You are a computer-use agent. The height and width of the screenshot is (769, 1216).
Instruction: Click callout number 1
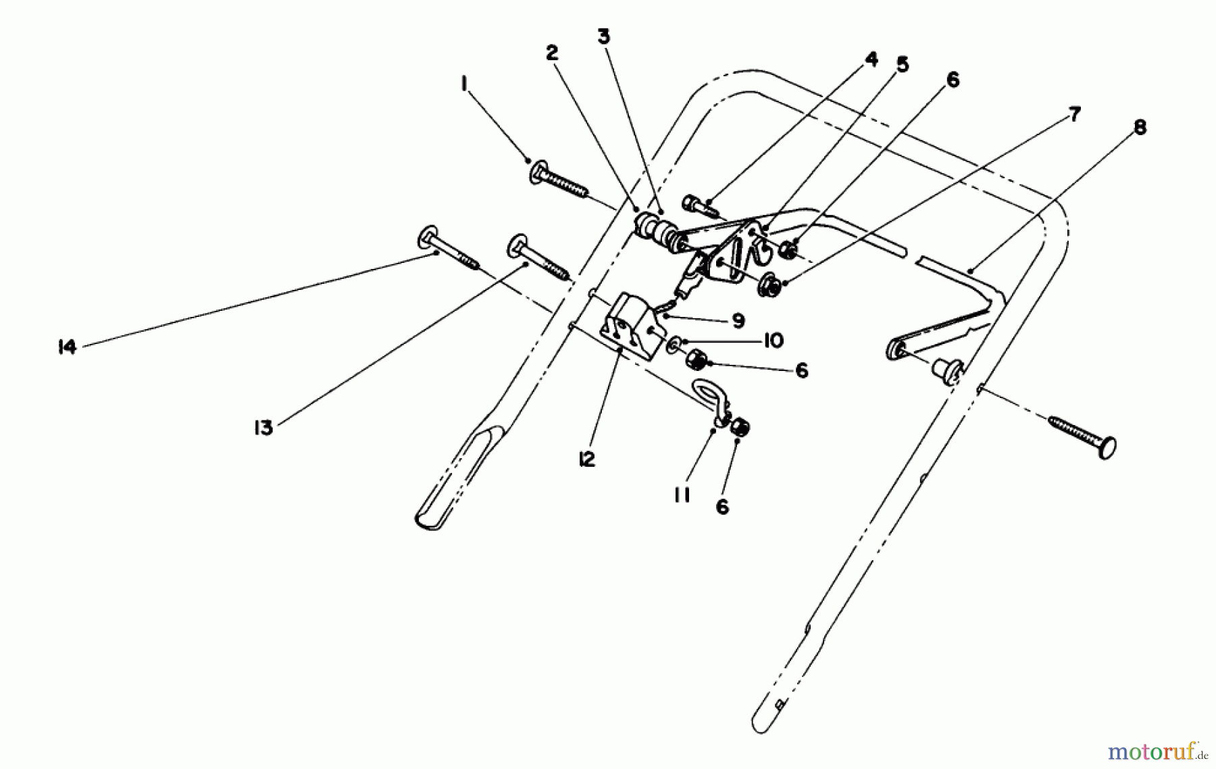[x=463, y=84]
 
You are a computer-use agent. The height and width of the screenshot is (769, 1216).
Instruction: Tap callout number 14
[x=67, y=348]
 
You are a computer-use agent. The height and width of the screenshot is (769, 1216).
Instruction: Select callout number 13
[x=263, y=427]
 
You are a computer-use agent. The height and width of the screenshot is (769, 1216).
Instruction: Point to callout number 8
[x=1140, y=128]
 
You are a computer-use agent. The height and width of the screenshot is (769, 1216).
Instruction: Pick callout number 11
[x=681, y=495]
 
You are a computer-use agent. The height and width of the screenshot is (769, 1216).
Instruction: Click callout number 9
[x=738, y=320]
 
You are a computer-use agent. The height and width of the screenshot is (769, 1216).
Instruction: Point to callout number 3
[x=603, y=36]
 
